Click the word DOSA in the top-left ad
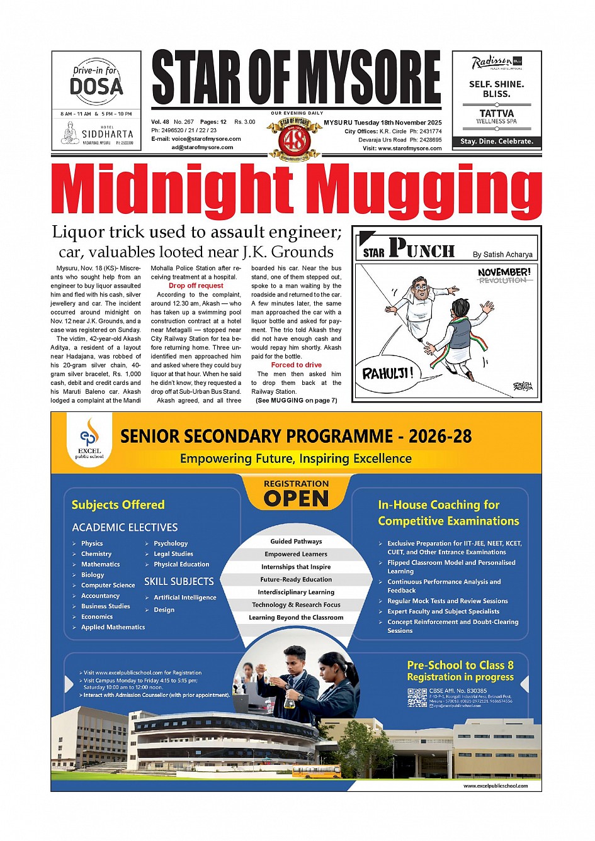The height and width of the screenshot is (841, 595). tap(96, 86)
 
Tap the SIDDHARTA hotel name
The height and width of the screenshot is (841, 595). tap(107, 134)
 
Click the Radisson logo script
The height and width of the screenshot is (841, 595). tap(492, 62)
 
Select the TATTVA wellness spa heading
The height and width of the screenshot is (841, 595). tap(497, 113)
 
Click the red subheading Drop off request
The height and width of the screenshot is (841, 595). tap(196, 286)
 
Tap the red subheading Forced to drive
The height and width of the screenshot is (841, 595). tap(296, 365)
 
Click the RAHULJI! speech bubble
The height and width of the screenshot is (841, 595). tap(387, 374)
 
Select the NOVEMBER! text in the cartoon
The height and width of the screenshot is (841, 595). tap(504, 272)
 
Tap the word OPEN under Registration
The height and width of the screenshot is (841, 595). tap(296, 499)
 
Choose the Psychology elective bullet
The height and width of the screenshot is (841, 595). tap(171, 543)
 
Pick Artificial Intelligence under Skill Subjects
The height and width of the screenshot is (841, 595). tap(184, 598)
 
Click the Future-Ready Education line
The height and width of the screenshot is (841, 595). tap(296, 579)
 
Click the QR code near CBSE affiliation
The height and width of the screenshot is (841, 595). tap(417, 698)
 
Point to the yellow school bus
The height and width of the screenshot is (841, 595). tap(316, 771)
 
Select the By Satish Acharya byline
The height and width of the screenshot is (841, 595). tap(502, 255)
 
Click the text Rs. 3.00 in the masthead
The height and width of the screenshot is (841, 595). tap(245, 122)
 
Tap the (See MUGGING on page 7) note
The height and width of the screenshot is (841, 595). tap(296, 400)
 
